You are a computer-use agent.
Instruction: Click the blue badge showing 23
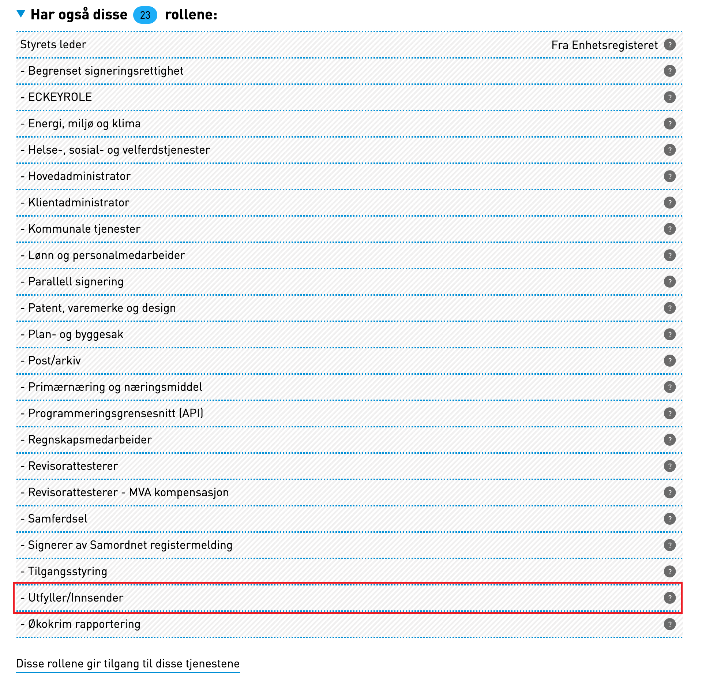pos(145,15)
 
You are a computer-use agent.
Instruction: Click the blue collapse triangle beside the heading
pos(21,14)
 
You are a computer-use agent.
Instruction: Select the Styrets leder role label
pos(53,45)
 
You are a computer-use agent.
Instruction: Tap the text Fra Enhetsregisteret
pos(604,45)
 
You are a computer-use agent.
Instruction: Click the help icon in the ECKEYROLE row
pos(669,97)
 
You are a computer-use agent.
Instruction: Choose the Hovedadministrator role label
pos(79,176)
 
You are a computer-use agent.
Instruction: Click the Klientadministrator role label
pos(79,203)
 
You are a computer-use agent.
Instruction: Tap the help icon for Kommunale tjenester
pos(669,229)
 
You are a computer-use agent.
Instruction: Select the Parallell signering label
pos(76,282)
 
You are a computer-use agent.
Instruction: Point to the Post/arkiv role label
pos(55,361)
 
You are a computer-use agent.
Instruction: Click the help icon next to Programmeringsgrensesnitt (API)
pos(669,413)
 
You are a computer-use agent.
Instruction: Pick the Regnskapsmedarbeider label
pos(90,440)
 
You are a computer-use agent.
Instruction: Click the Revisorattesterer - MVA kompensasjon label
pos(128,493)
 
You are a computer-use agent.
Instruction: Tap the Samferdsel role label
pos(58,519)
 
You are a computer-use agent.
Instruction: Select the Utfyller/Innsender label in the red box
pos(76,598)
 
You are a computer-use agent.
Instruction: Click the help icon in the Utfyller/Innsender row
pos(669,598)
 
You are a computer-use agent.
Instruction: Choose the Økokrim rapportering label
pos(84,624)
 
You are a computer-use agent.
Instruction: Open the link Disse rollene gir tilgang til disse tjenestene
pos(128,664)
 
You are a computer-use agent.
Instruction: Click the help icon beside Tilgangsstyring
pos(669,572)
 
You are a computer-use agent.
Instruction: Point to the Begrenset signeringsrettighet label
pos(106,71)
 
